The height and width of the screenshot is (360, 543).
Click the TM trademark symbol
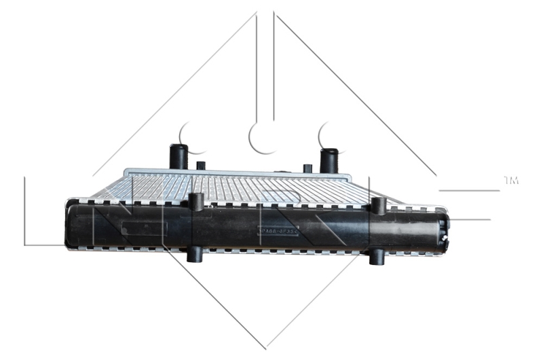(511, 180)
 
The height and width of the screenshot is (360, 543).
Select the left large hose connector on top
(179, 156)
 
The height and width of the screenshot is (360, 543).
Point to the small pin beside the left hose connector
(200, 166)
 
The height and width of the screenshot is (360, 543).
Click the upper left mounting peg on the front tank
(196, 202)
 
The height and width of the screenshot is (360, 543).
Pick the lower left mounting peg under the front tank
(195, 255)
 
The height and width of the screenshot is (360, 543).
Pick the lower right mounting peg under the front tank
(375, 257)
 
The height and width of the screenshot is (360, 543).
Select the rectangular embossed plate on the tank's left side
(145, 228)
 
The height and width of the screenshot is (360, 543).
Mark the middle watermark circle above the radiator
(261, 136)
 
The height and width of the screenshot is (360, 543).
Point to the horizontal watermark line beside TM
(468, 190)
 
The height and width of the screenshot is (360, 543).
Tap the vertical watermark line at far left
(24, 211)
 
